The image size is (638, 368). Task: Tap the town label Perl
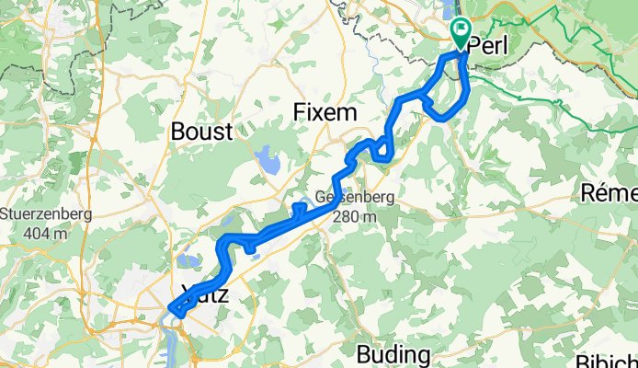click(490, 45)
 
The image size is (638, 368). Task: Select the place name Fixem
click(322, 112)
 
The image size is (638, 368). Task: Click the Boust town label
click(201, 132)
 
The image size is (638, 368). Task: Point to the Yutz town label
click(204, 295)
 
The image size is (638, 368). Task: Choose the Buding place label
click(393, 354)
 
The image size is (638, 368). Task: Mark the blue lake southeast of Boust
click(268, 161)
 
